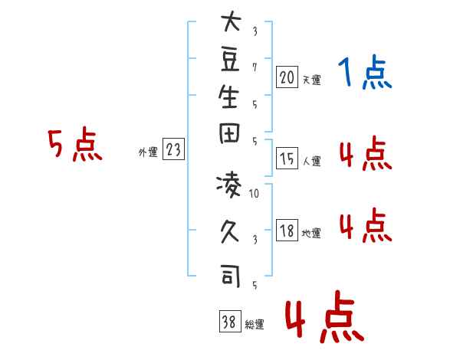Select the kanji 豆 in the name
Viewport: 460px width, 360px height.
230,59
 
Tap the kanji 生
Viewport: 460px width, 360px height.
230,98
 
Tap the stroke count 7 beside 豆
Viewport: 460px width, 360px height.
255,67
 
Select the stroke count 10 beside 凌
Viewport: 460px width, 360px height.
255,194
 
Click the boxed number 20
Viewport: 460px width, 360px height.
287,77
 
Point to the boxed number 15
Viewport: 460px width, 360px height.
287,159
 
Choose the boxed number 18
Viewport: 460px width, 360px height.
287,231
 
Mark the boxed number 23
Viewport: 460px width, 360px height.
172,150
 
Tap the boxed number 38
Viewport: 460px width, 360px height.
229,322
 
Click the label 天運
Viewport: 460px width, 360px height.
311,80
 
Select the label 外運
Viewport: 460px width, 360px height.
148,152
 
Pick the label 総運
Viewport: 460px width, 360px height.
254,325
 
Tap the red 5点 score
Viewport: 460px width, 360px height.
74,145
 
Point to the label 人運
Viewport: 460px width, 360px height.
311,161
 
